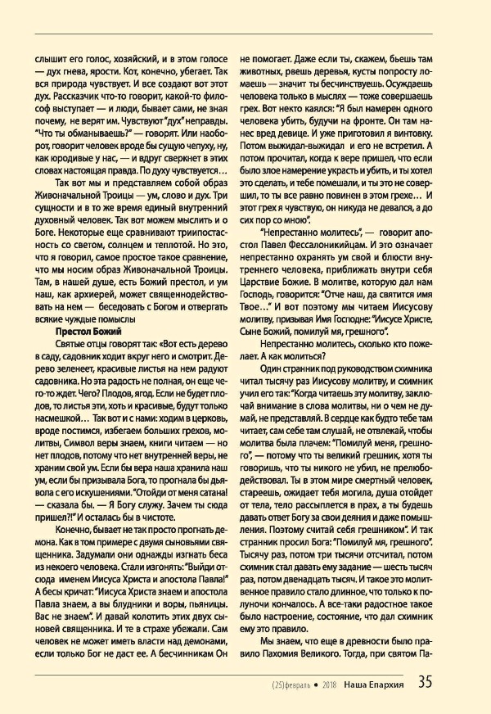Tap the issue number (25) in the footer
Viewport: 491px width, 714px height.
[282, 683]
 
